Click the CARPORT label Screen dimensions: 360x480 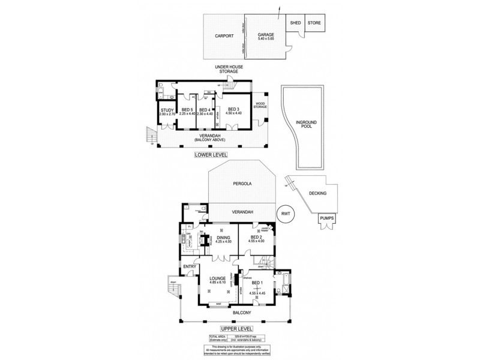tap(223, 36)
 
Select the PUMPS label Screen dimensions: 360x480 tap(327, 218)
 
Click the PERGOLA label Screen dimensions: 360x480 tap(242, 185)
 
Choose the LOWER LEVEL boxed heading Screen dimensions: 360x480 tap(210, 155)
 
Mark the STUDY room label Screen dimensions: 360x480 tap(166, 111)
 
